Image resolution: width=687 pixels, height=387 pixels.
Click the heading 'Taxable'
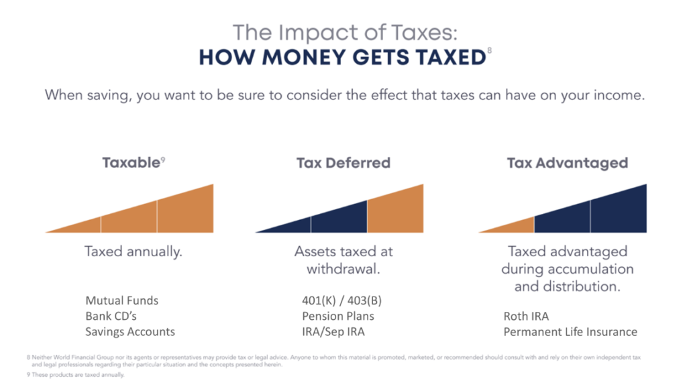tap(130, 162)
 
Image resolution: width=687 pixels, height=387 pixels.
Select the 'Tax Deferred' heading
tap(343, 162)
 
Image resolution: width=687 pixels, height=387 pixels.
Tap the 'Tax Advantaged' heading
tap(567, 162)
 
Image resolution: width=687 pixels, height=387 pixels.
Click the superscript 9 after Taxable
tap(163, 159)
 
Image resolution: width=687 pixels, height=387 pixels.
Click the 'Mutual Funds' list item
tap(122, 300)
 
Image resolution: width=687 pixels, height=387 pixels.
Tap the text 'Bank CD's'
tap(111, 315)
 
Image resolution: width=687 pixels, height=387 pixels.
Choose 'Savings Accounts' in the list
tap(130, 331)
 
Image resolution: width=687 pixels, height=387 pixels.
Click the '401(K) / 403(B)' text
tap(342, 300)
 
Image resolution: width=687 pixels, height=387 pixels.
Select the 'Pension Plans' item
tap(338, 315)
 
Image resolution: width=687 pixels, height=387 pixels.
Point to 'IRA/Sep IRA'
tap(333, 331)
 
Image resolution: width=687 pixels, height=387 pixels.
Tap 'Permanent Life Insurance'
tap(570, 331)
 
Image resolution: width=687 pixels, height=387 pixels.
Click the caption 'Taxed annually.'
tap(134, 252)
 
